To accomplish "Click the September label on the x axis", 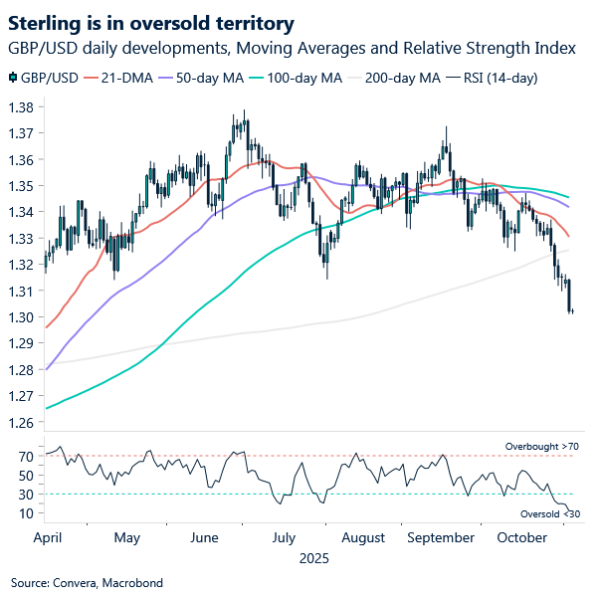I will tap(441, 537).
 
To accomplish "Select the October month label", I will tap(521, 537).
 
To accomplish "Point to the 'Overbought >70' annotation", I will tap(541, 447).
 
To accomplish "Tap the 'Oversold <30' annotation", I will tap(548, 513).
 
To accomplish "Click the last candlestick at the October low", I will tap(572, 311).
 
